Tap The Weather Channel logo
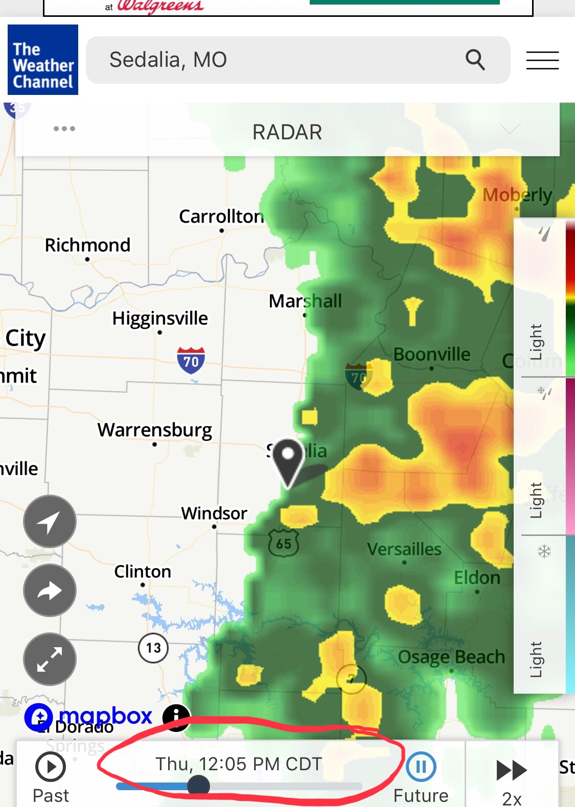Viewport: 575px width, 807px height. tap(43, 60)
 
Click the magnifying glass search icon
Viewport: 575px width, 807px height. tap(475, 60)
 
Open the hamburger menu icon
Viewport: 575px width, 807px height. tap(542, 60)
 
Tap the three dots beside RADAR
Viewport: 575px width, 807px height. tap(64, 129)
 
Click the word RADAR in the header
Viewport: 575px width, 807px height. tap(287, 132)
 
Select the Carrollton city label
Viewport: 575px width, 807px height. tap(221, 216)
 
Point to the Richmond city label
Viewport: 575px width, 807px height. tap(87, 245)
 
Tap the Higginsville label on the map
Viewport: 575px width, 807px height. tap(160, 318)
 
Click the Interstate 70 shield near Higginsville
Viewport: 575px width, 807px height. tap(191, 360)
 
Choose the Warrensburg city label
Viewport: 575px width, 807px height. tap(155, 430)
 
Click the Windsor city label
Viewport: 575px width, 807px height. tap(214, 513)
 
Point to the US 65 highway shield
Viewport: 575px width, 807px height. tap(284, 544)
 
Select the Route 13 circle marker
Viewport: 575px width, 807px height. tap(153, 648)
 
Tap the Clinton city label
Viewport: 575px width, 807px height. tap(143, 572)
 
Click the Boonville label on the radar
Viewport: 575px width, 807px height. tap(432, 354)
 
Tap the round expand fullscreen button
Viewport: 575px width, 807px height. tap(50, 659)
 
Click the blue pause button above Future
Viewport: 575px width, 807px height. tap(421, 767)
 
